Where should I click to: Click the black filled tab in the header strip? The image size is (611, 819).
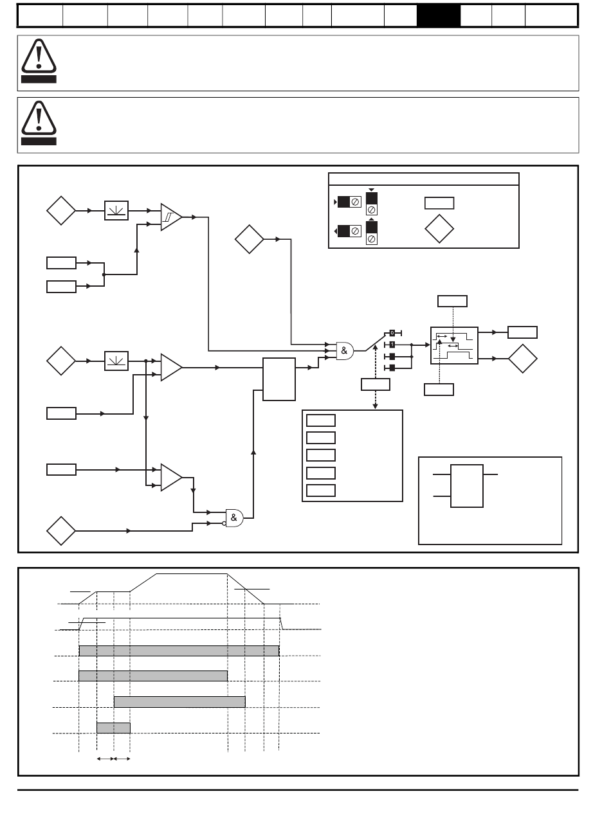pyautogui.click(x=438, y=15)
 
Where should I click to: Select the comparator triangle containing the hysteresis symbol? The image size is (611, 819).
pyautogui.click(x=171, y=218)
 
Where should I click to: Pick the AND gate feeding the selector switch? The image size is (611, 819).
pyautogui.click(x=345, y=350)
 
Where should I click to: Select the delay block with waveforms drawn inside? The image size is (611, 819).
pyautogui.click(x=454, y=345)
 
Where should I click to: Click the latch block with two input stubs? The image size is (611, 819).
pyautogui.click(x=467, y=485)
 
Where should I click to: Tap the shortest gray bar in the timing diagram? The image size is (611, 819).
pyautogui.click(x=113, y=728)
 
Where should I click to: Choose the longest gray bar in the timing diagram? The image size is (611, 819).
pyautogui.click(x=179, y=651)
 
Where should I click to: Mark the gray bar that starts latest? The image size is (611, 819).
pyautogui.click(x=179, y=701)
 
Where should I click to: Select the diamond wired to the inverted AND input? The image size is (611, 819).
pyautogui.click(x=61, y=531)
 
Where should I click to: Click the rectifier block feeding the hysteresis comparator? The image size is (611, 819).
pyautogui.click(x=117, y=210)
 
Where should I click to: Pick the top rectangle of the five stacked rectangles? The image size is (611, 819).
pyautogui.click(x=320, y=420)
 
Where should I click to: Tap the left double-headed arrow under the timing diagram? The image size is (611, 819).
pyautogui.click(x=105, y=759)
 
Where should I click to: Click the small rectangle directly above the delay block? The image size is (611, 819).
pyautogui.click(x=452, y=300)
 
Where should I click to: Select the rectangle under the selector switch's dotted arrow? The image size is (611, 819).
pyautogui.click(x=376, y=384)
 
